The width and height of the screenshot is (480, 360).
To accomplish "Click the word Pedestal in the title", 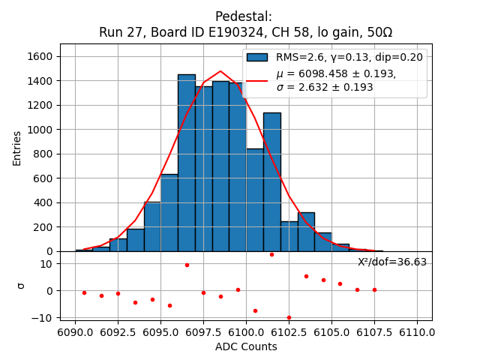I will pyautogui.click(x=243, y=16).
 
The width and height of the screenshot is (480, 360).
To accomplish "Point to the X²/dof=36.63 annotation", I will pyautogui.click(x=392, y=262).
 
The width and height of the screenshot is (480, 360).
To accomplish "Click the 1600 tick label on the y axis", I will pyautogui.click(x=40, y=56).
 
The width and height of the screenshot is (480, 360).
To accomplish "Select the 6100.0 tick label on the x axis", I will pyautogui.click(x=247, y=332).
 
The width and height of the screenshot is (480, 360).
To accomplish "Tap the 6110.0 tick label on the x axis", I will pyautogui.click(x=417, y=332).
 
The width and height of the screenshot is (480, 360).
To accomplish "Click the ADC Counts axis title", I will pyautogui.click(x=246, y=346).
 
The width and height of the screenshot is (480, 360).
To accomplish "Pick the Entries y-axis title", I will pyautogui.click(x=17, y=148).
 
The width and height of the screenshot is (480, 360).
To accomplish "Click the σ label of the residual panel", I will pyautogui.click(x=20, y=286).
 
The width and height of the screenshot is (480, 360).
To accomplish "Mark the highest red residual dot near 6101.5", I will pyautogui.click(x=271, y=254).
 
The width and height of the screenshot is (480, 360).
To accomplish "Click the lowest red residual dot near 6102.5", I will pyautogui.click(x=289, y=317).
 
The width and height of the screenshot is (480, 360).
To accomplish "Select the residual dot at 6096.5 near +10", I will pyautogui.click(x=187, y=265).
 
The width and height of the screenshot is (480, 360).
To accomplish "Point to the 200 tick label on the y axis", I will pyautogui.click(x=43, y=227).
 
